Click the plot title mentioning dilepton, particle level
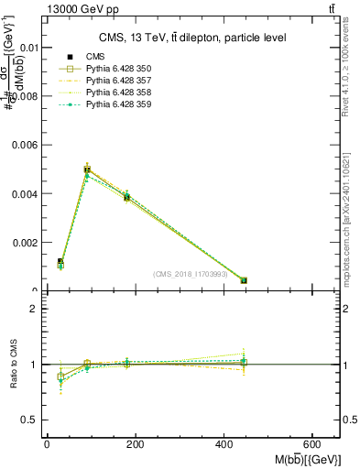(x=192, y=38)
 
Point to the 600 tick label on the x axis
(x=314, y=443)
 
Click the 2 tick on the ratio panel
(x=34, y=309)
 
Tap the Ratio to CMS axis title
(x=14, y=364)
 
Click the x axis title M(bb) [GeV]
(x=305, y=458)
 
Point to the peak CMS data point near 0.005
(x=87, y=169)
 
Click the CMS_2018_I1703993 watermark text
(x=191, y=274)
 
